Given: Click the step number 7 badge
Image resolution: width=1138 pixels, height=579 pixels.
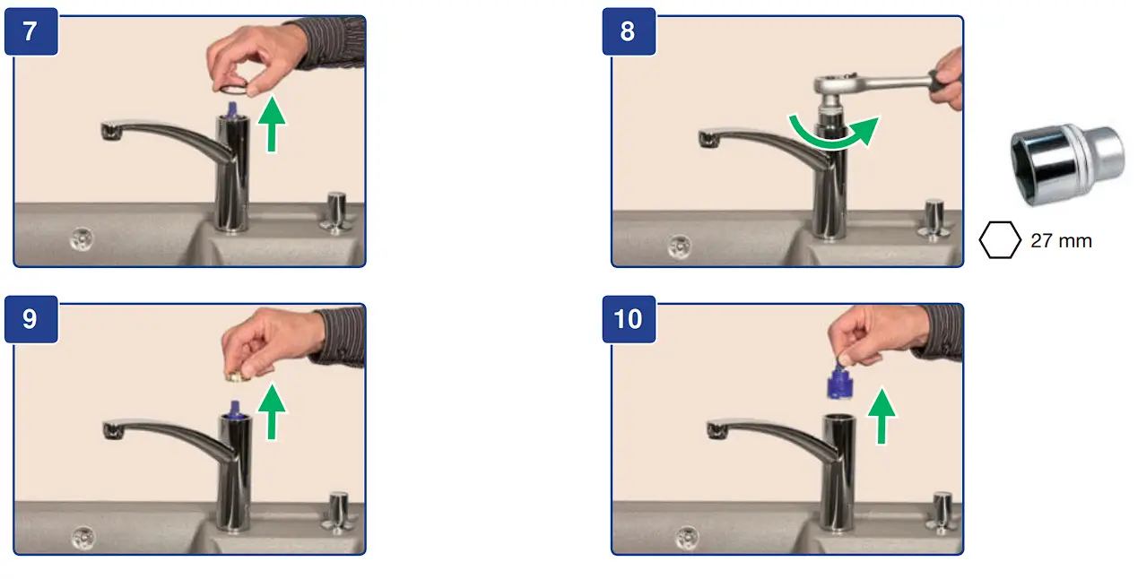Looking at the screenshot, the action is click(x=31, y=31).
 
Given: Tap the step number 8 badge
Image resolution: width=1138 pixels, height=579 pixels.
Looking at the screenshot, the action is click(x=629, y=31).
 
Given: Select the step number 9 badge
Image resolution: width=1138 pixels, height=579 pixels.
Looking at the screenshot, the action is click(x=31, y=319).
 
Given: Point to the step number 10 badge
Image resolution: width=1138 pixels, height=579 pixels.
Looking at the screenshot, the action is click(x=629, y=319).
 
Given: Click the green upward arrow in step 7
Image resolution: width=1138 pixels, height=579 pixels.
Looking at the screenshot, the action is click(x=272, y=124).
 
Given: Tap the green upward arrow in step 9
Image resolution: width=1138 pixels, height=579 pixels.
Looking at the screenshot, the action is click(x=272, y=412).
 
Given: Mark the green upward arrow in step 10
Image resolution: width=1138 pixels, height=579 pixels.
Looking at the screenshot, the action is click(x=882, y=417).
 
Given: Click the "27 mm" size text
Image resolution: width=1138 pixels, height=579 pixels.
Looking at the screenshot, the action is click(x=1061, y=241).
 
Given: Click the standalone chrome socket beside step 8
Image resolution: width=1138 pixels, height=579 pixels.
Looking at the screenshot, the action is click(x=1067, y=165).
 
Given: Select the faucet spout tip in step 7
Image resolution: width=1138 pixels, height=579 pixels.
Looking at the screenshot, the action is click(x=111, y=131).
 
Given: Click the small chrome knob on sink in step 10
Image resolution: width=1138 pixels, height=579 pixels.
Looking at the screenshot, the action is click(x=943, y=512).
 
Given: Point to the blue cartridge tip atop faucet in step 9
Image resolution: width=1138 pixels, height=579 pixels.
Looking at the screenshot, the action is click(x=234, y=409).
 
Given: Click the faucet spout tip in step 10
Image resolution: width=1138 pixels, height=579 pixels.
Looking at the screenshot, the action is click(x=717, y=431).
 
